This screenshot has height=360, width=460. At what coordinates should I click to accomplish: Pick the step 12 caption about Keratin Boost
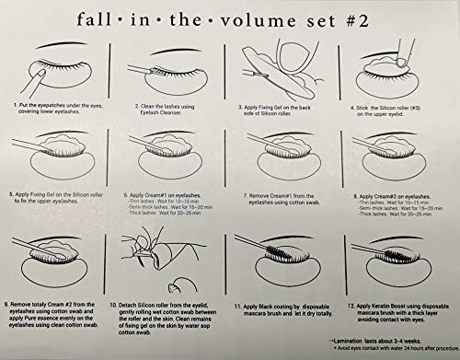pos(396,308)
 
